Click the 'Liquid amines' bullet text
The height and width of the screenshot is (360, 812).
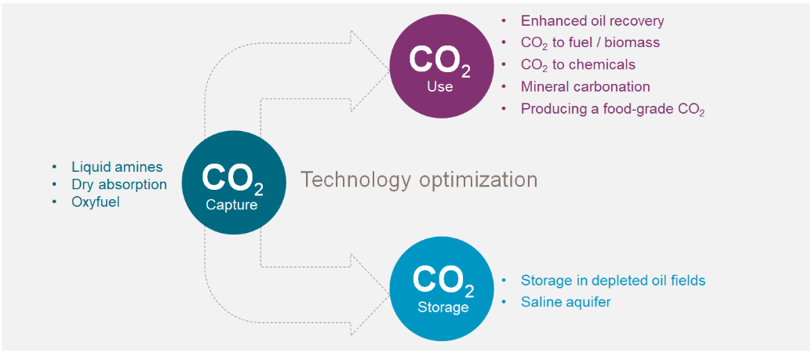click(x=117, y=167)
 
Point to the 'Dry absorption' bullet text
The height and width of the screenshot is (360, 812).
click(x=119, y=184)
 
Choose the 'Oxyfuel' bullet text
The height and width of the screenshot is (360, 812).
click(x=95, y=202)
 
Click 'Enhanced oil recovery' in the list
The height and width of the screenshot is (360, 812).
click(x=592, y=20)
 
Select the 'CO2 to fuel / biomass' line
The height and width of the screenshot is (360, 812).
click(x=590, y=43)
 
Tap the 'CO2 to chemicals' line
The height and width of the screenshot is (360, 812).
click(x=578, y=65)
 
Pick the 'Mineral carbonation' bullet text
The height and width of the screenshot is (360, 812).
click(x=585, y=86)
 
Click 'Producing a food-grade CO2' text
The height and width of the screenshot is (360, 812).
click(x=613, y=110)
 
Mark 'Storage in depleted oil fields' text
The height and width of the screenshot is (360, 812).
click(x=614, y=281)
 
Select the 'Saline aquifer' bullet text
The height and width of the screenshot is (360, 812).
click(x=566, y=302)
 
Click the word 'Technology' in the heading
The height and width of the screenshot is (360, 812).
click(x=355, y=180)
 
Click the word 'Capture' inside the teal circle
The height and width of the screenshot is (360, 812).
click(x=232, y=205)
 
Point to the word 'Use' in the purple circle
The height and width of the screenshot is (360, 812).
click(x=440, y=86)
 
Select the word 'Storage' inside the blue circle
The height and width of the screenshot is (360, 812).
click(x=443, y=307)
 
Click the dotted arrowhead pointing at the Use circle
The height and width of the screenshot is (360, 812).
click(x=370, y=71)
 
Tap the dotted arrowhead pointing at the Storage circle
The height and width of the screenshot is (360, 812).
click(x=370, y=294)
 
